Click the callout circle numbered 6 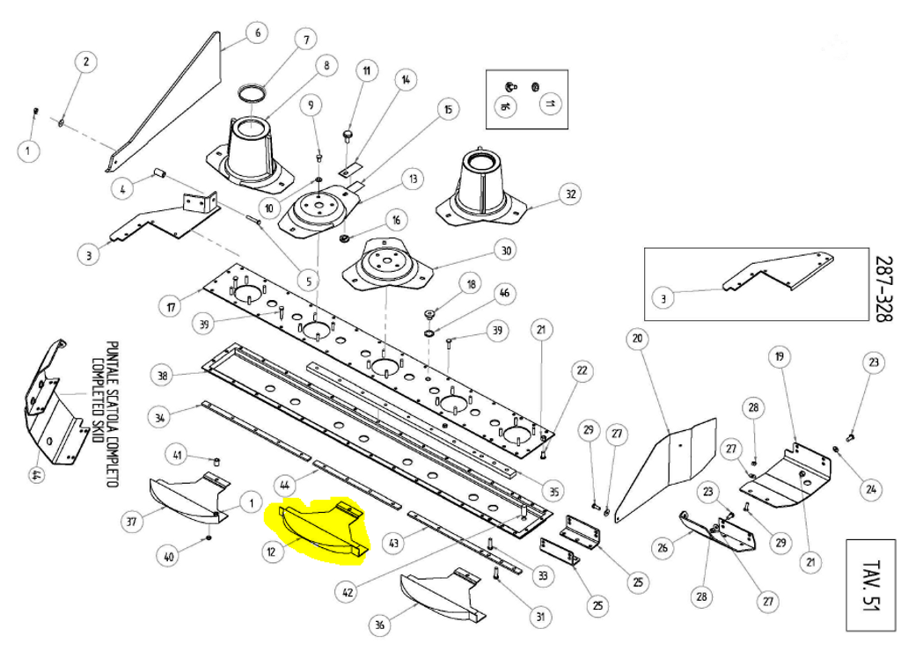[257, 34]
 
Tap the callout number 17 [172, 308]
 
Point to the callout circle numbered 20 [637, 339]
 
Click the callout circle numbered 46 [504, 293]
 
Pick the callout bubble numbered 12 [274, 552]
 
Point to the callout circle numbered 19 [779, 356]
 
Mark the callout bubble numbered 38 [163, 376]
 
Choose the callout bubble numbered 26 [663, 548]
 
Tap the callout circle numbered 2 [85, 62]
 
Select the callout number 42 [348, 592]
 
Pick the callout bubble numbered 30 [505, 251]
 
